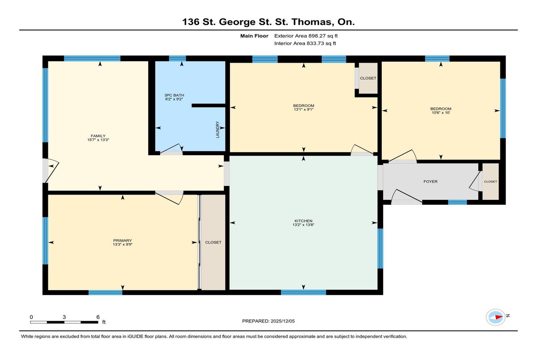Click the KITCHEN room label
point(303,221)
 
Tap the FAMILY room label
point(98,136)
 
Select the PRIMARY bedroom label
point(123,241)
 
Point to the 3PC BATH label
point(174,95)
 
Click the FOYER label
point(430,182)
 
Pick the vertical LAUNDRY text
point(217,130)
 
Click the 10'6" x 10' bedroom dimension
point(441,113)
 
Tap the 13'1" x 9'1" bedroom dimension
point(303,110)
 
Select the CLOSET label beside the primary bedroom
point(213,242)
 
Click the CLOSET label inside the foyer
point(490,182)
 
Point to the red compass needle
point(499,317)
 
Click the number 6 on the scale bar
point(98,317)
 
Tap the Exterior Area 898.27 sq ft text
point(306,36)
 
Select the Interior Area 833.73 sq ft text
point(305,43)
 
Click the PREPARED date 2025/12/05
point(283,321)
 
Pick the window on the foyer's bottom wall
point(457,202)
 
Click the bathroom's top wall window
point(177,59)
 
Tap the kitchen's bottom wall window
point(303,292)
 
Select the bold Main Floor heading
point(254,36)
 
